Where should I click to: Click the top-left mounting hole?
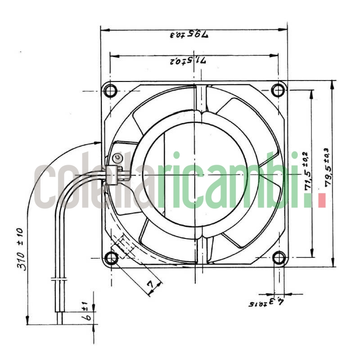(110, 91)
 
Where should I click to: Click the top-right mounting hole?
(279, 90)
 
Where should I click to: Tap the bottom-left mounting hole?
(111, 258)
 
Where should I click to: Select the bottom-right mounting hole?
(279, 258)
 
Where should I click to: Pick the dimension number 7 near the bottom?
(152, 284)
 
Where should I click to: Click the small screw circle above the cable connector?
(117, 157)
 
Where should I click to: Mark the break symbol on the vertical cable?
(59, 279)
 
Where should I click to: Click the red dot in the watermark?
(321, 200)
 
